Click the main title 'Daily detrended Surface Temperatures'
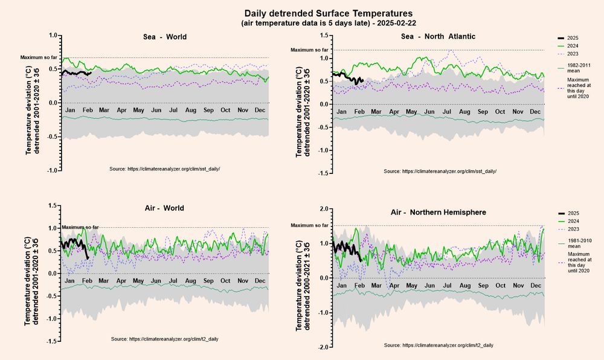328,13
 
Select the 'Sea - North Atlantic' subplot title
438,36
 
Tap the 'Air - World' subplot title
165,208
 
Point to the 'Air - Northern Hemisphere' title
438,213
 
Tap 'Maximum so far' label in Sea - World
39,57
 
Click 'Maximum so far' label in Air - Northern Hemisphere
309,225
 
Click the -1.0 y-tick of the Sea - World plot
52,170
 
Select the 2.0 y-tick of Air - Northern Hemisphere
324,209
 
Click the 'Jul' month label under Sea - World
173,111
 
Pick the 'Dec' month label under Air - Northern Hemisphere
535,285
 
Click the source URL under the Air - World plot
165,339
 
